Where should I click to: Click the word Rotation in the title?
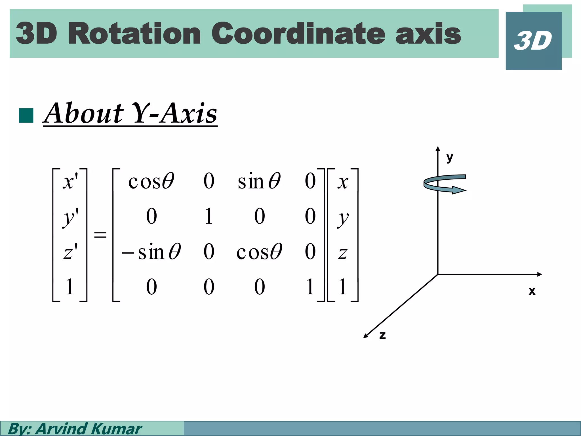point(134,34)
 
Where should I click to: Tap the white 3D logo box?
point(533,41)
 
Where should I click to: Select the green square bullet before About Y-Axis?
point(26,115)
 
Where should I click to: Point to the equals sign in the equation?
point(100,235)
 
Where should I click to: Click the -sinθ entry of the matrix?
point(151,252)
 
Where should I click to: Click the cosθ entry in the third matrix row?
point(259,252)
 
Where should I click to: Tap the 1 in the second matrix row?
point(209,216)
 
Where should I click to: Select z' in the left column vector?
point(70,252)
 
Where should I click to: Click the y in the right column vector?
point(343,218)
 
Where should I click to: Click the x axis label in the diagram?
point(532,291)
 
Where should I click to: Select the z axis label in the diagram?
point(382,335)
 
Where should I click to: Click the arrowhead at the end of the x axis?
point(540,274)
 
